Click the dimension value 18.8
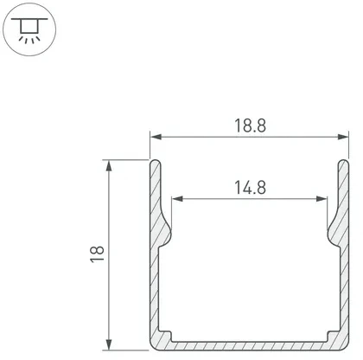(x=248, y=125)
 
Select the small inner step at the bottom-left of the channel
(x=171, y=336)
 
